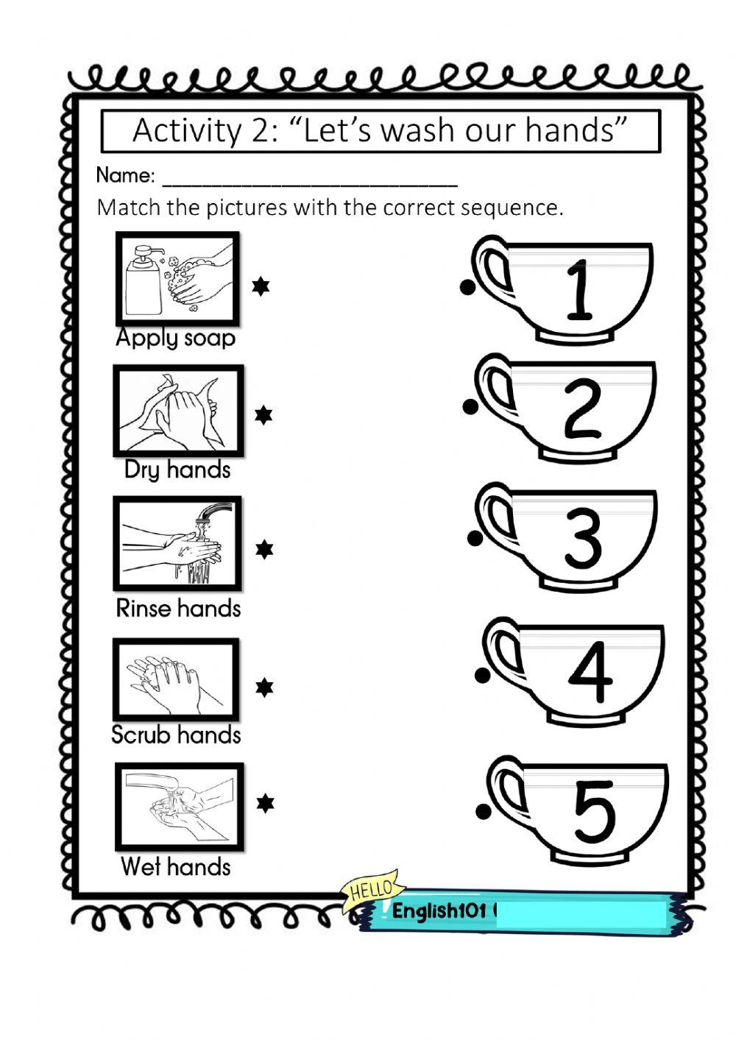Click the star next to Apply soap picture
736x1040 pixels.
click(261, 287)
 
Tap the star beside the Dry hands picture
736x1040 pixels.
click(263, 415)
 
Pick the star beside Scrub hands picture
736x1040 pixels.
click(264, 687)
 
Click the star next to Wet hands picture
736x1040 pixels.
click(265, 803)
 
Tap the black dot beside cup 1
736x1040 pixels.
click(467, 288)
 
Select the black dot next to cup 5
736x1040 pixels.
click(484, 812)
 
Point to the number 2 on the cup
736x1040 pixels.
click(582, 408)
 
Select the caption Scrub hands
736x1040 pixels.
click(176, 735)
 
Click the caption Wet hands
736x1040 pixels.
click(176, 866)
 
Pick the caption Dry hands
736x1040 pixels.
click(177, 470)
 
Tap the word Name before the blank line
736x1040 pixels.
click(125, 175)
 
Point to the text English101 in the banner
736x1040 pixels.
click(439, 911)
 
